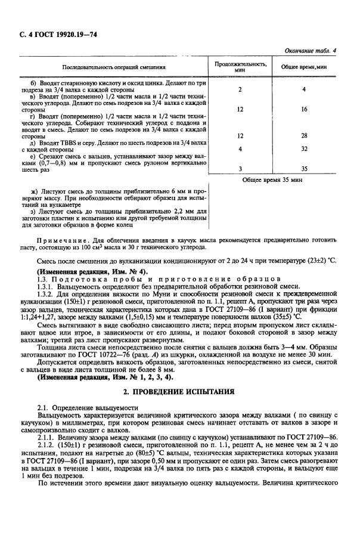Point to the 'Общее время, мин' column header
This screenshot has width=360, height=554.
[304, 67]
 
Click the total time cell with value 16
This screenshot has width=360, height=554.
[304, 110]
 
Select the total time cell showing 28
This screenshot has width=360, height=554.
[304, 135]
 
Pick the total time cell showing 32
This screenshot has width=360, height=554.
[304, 148]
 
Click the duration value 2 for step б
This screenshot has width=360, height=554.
[240, 90]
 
